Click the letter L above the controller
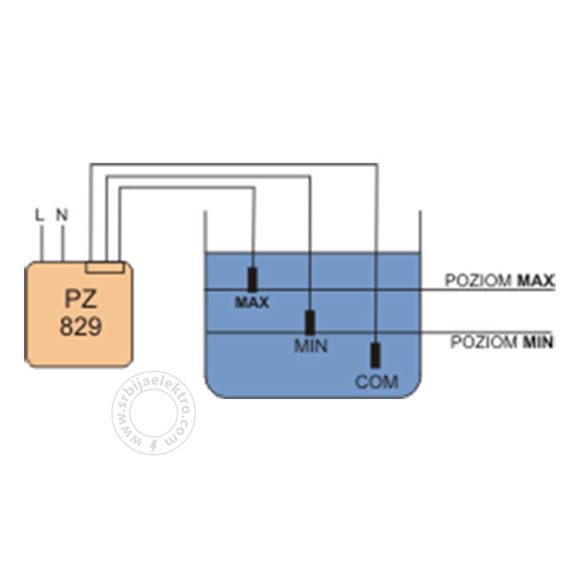click(39, 215)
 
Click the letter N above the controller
click(62, 215)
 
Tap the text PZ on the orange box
click(81, 298)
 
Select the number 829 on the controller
click(80, 326)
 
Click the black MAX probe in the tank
click(252, 279)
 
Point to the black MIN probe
click(309, 323)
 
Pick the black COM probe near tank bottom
click(375, 355)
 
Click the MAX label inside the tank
click(252, 302)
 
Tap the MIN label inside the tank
click(311, 345)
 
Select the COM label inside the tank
click(376, 382)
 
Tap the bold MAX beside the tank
click(536, 281)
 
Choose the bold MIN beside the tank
click(538, 342)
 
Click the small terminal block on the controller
click(105, 267)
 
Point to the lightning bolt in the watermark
click(154, 446)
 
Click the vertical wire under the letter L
click(42, 243)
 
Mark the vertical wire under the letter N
click(63, 243)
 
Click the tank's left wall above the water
click(205, 231)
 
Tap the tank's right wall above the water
click(420, 231)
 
